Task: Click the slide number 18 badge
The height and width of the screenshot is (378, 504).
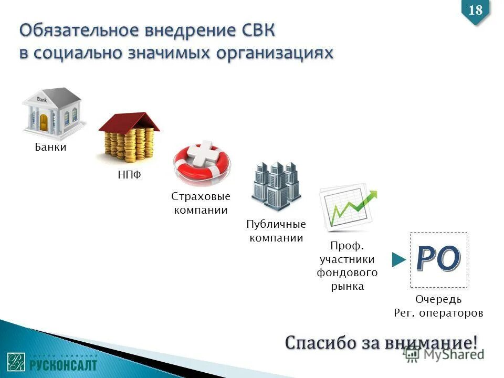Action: [475, 10]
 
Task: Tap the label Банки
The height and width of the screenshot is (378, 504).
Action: [50, 147]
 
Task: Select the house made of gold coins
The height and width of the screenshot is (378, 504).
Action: [129, 138]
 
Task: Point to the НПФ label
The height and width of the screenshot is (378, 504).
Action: [129, 175]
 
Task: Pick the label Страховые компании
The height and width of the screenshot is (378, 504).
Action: [201, 203]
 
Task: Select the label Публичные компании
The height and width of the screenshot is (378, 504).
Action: [276, 231]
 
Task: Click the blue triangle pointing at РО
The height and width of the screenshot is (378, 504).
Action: [400, 259]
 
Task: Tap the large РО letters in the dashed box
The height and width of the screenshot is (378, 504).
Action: [438, 259]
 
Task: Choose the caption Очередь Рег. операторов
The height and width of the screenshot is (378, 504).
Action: [438, 306]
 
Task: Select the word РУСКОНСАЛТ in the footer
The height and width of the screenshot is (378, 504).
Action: [63, 364]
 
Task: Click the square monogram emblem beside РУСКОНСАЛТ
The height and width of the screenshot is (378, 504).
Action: [16, 362]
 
